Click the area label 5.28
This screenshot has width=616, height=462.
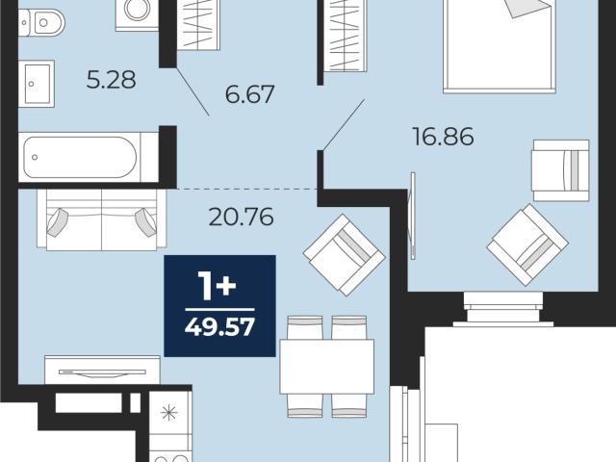click(x=112, y=80)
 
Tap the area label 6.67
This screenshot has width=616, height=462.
click(x=249, y=94)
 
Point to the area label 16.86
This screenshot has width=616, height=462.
click(x=443, y=137)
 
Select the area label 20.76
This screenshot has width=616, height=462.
click(x=241, y=217)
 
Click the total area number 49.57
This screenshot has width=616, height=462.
click(x=219, y=327)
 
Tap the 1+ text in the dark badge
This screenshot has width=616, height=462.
click(x=217, y=287)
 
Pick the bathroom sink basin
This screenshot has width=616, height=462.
click(x=37, y=84)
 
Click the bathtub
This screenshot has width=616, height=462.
click(x=89, y=157)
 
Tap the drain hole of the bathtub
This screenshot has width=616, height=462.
click(x=35, y=157)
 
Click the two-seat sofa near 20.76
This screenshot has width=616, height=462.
click(x=102, y=219)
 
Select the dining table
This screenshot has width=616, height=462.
click(x=327, y=367)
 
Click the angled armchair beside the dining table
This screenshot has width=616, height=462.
click(x=345, y=255)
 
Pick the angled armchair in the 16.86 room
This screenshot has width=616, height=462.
click(x=527, y=244)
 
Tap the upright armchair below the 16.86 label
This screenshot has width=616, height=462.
click(x=560, y=170)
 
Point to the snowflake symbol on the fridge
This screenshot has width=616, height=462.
click(x=169, y=412)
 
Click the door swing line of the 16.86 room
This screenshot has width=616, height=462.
click(x=343, y=125)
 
